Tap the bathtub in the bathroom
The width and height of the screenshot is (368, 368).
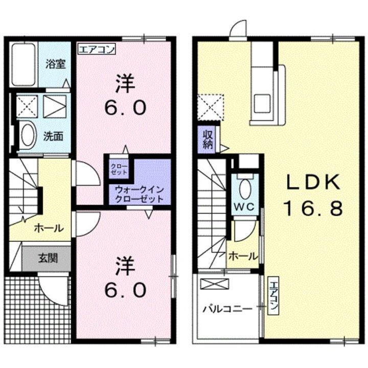coord(23,65)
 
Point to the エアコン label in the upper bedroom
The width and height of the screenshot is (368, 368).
coord(97,50)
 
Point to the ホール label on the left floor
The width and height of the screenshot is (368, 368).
coord(49,228)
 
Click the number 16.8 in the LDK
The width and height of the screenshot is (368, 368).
coord(313,208)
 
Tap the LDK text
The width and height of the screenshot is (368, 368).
coord(313,181)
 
